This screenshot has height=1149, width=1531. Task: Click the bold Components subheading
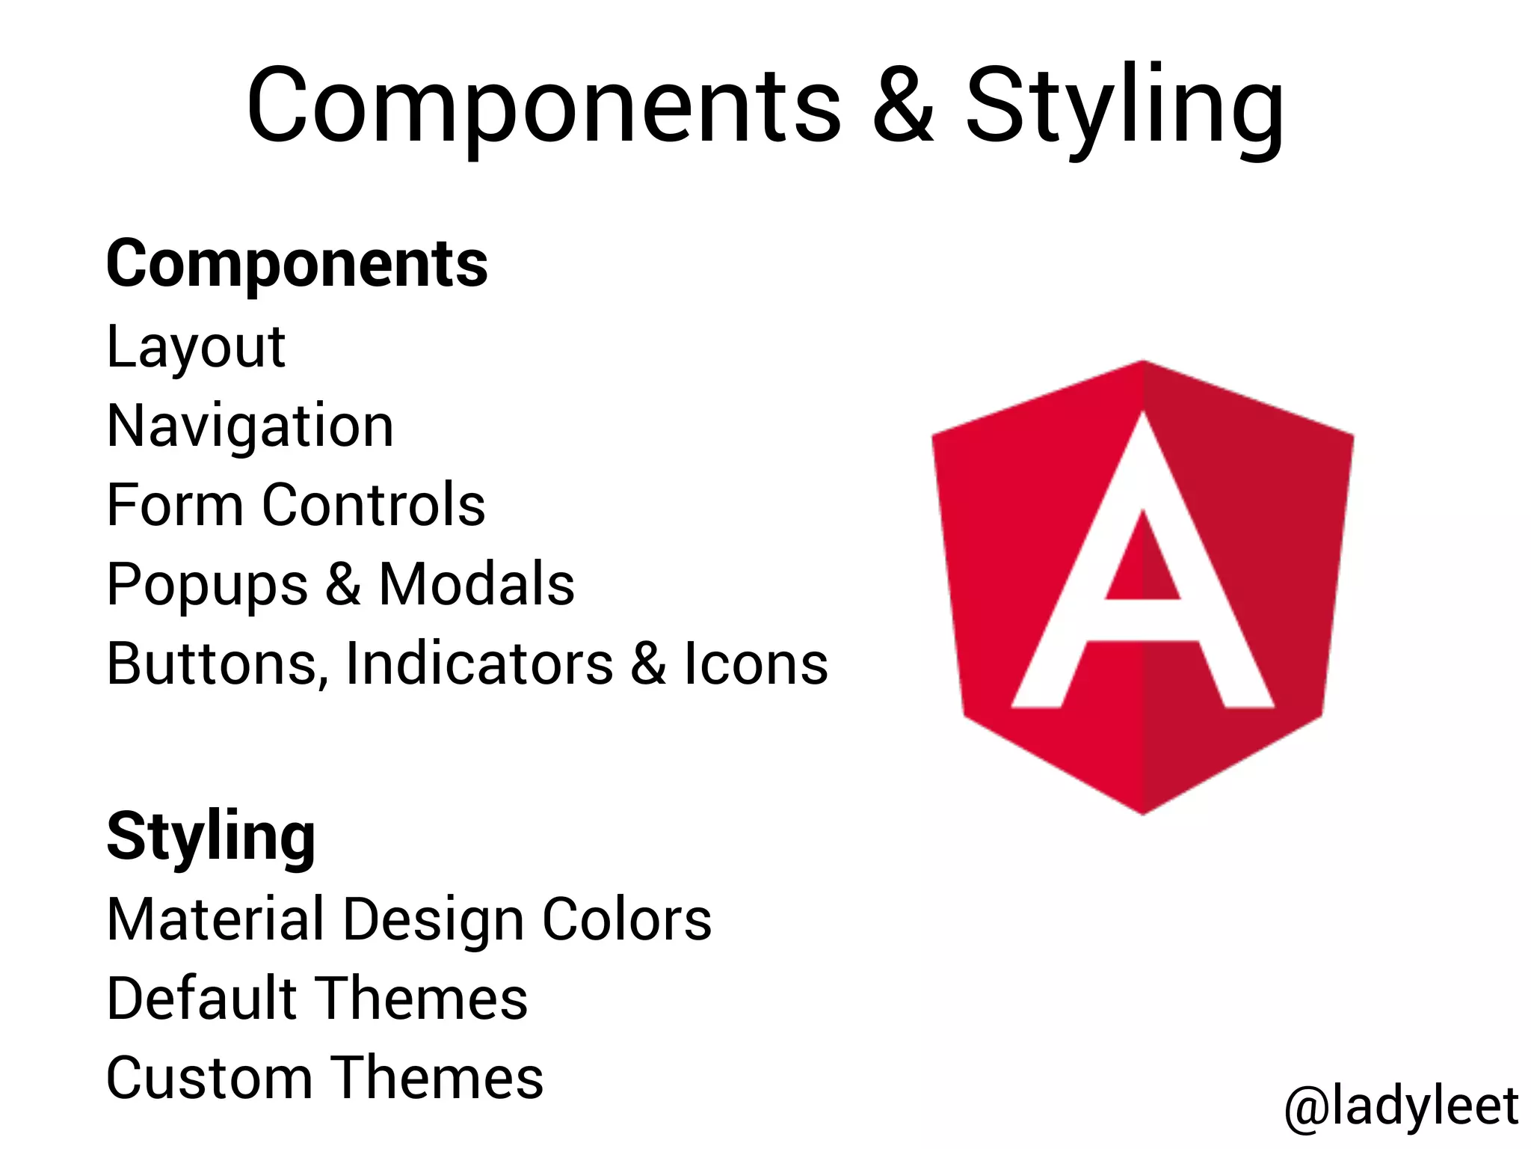point(297,264)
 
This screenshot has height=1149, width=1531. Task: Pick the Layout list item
point(196,348)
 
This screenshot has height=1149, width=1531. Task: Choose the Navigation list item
point(250,426)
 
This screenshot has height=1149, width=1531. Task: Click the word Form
point(175,505)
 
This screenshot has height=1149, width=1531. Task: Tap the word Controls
point(374,505)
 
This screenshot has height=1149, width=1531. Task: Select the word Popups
point(207,586)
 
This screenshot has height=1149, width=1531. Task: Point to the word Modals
point(477,584)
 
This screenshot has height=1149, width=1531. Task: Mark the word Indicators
point(479,664)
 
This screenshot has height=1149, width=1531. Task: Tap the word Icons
point(756,664)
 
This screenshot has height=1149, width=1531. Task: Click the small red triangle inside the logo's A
point(1143,565)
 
